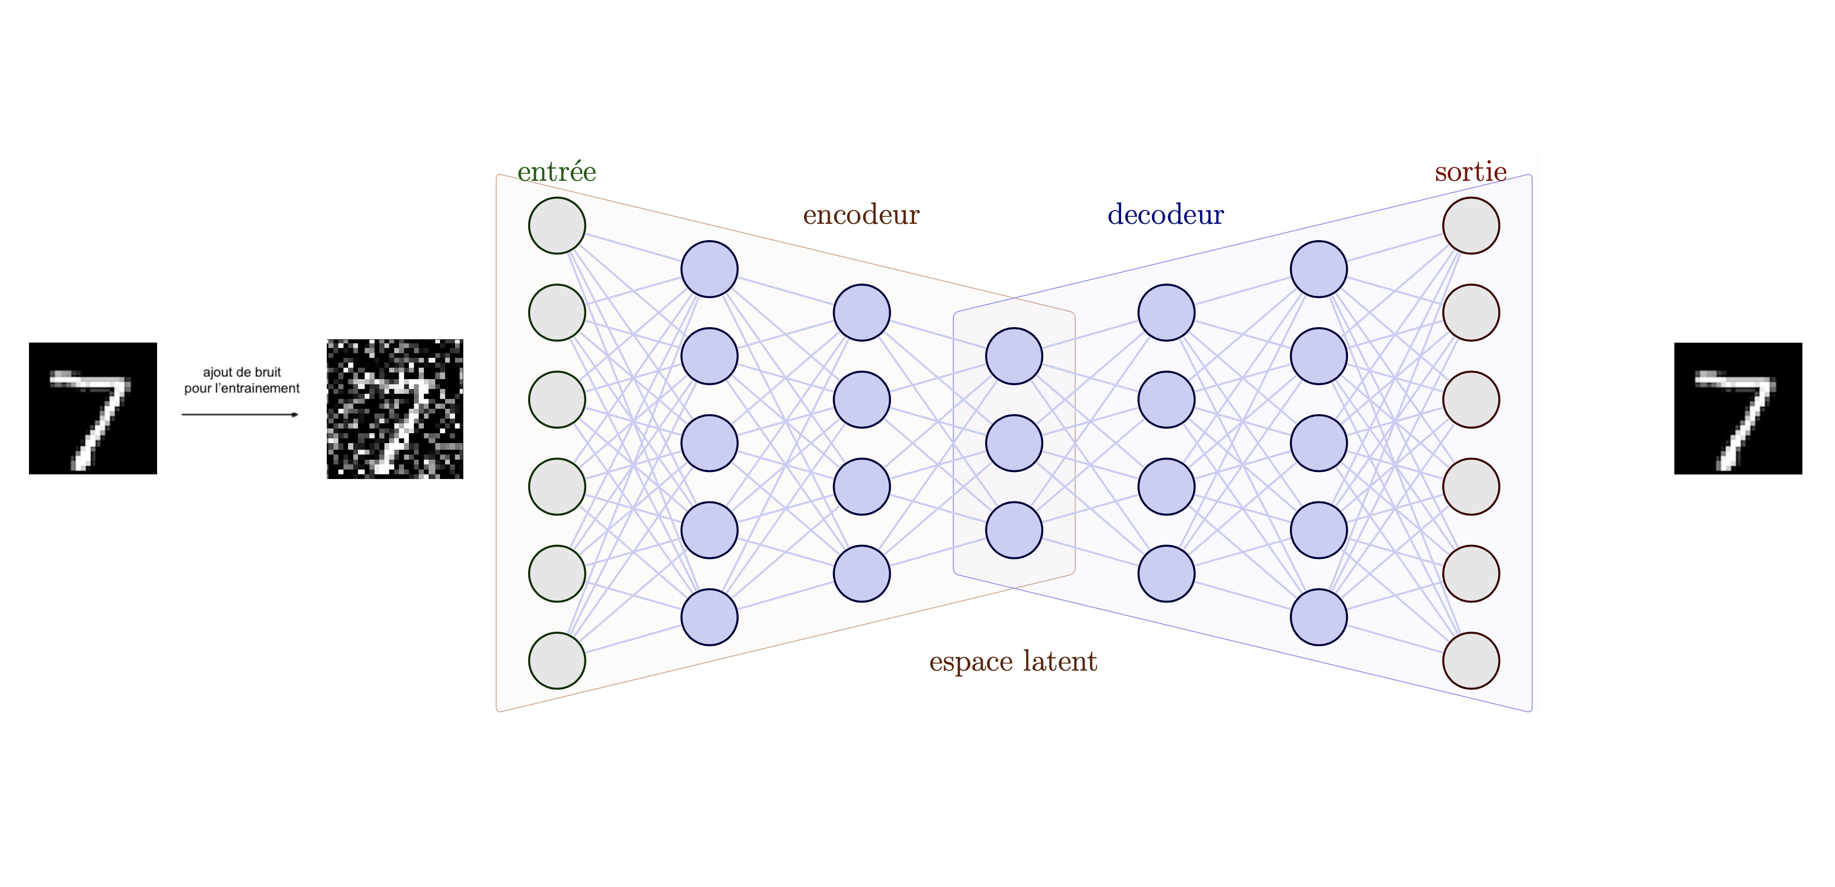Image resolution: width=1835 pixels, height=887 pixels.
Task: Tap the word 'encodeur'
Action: [861, 215]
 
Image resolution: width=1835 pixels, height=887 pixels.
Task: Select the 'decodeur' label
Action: [1166, 215]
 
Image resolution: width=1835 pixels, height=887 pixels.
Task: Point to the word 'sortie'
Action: [1470, 172]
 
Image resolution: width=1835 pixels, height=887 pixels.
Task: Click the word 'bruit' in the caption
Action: [267, 372]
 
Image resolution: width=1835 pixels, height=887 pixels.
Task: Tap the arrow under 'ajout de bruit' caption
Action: [240, 415]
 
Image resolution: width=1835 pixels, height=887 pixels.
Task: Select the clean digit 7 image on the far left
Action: [93, 408]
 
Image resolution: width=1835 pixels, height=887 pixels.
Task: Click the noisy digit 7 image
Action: [395, 408]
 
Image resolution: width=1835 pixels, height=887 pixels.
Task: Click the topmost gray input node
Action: [557, 226]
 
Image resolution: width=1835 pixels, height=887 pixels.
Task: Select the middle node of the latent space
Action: [1014, 443]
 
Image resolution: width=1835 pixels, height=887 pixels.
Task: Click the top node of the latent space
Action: [1014, 356]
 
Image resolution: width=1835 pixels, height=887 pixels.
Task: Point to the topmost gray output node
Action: [1471, 226]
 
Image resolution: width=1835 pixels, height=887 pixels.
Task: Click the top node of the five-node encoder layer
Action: [710, 269]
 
